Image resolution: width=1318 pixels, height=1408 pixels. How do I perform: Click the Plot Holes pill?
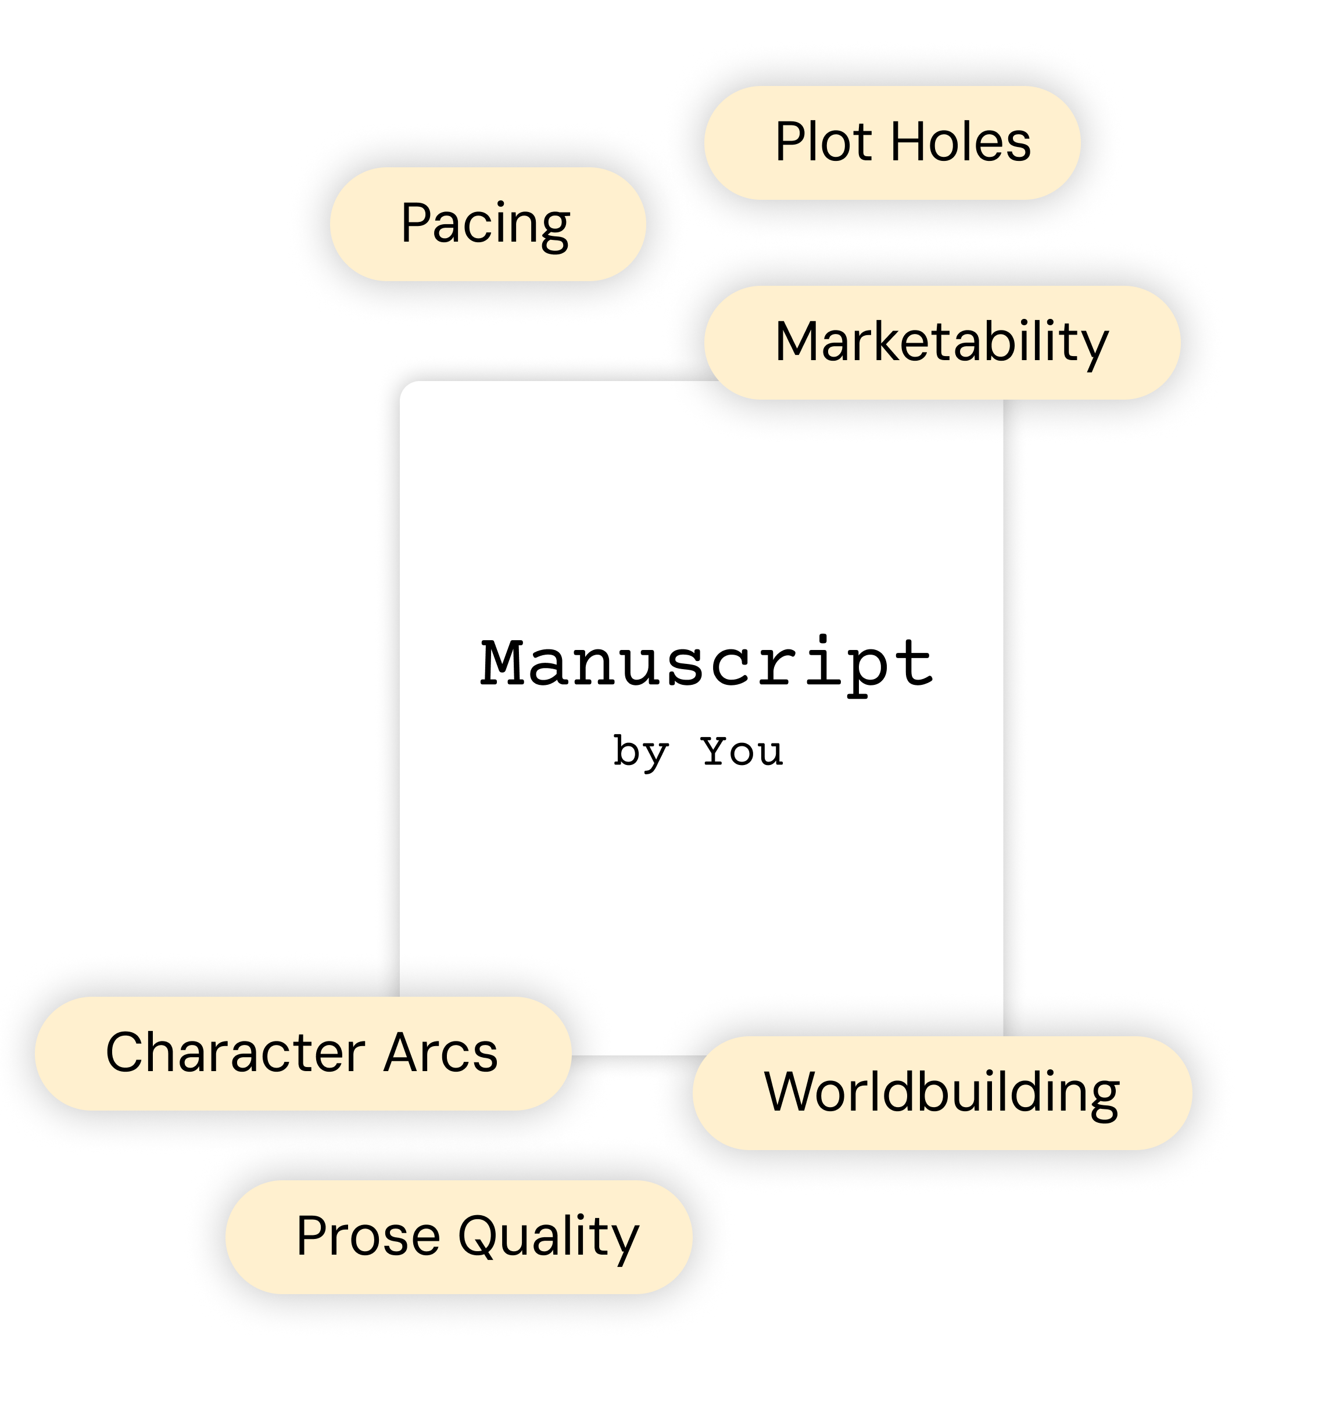[x=891, y=142]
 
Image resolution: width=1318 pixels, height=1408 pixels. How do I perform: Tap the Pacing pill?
[x=488, y=224]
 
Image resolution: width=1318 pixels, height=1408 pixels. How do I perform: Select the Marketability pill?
[x=942, y=342]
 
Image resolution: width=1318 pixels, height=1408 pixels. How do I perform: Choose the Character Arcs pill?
[x=303, y=1053]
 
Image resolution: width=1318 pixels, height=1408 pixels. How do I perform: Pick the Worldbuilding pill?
[x=942, y=1093]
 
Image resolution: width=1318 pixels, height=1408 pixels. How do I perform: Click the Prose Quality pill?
[x=459, y=1237]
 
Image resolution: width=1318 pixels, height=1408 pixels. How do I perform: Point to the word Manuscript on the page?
[x=707, y=663]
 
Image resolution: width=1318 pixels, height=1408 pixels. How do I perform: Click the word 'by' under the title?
[x=640, y=752]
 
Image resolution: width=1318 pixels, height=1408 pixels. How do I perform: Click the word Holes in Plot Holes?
[x=959, y=142]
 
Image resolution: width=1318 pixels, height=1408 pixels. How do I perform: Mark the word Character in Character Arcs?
[x=235, y=1053]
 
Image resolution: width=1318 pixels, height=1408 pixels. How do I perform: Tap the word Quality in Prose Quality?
[x=548, y=1237]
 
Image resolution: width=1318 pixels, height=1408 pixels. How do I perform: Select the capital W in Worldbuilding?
[x=791, y=1093]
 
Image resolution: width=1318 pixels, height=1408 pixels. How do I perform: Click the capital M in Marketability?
[x=798, y=342]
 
